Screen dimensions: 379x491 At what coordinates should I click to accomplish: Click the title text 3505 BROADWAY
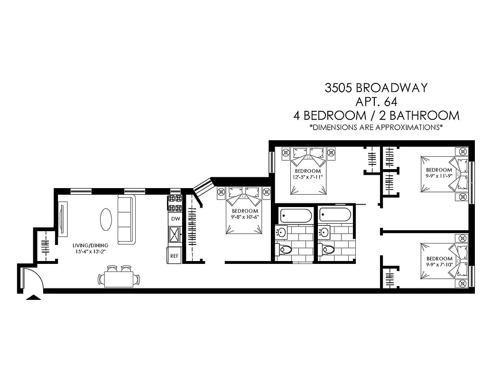coord(376,88)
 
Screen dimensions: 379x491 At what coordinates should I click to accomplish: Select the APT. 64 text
coord(376,101)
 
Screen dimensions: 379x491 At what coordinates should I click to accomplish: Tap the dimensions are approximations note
coord(376,127)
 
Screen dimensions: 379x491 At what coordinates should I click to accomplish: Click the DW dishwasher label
coord(175,219)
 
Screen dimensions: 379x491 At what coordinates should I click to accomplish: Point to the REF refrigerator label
coord(175,256)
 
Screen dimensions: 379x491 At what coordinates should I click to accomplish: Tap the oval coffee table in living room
coord(106,219)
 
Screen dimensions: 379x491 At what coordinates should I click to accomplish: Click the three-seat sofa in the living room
coord(126,220)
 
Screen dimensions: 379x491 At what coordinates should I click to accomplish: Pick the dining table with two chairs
coord(119,279)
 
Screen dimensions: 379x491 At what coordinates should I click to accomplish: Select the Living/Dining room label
coord(91,248)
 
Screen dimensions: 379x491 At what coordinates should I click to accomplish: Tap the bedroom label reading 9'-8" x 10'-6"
coord(245,214)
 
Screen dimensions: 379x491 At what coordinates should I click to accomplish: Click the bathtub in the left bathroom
coord(296,216)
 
